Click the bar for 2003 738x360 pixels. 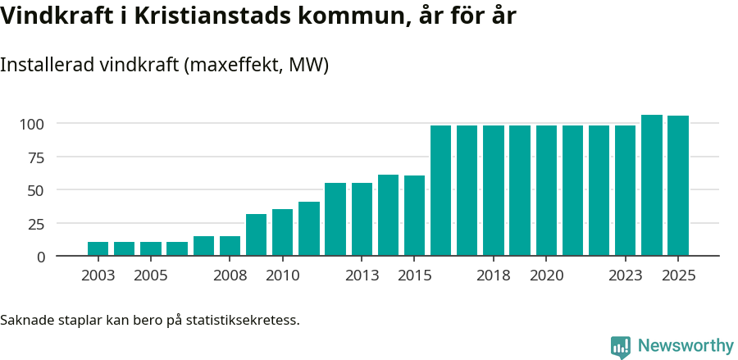coord(98,248)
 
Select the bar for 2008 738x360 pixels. coord(230,245)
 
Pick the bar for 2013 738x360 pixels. coord(362,219)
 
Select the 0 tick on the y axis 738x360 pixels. coord(41,257)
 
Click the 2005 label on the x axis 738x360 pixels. coord(151,276)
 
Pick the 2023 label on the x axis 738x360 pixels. coord(625,276)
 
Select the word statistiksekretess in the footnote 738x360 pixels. coord(243,320)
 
